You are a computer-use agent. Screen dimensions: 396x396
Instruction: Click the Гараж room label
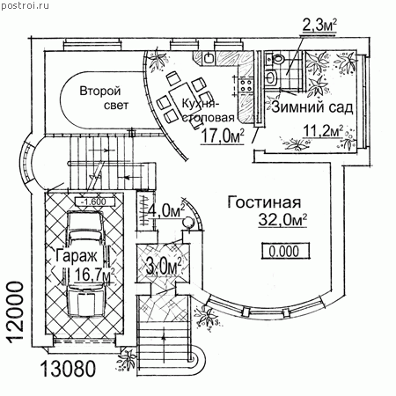[x=76, y=255]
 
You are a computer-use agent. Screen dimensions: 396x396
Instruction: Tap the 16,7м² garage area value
[x=94, y=275]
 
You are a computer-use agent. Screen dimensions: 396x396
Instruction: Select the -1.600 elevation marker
[x=94, y=202]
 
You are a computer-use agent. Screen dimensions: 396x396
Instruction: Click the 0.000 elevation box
[x=285, y=251]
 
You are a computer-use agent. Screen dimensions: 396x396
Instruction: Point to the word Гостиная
[x=264, y=202]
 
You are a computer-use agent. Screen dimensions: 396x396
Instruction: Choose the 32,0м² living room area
[x=282, y=220]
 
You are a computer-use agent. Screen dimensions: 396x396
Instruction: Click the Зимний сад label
[x=312, y=107]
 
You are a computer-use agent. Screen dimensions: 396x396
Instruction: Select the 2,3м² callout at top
[x=319, y=26]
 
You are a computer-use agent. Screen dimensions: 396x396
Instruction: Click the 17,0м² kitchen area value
[x=223, y=136]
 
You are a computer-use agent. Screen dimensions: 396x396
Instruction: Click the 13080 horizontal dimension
[x=68, y=369]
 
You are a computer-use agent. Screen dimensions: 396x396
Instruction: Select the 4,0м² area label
[x=166, y=210]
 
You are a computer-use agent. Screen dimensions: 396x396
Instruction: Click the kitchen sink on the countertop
[x=209, y=58]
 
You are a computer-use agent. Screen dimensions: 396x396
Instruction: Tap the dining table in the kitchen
[x=183, y=97]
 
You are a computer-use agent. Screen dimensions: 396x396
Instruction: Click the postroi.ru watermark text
[x=25, y=5]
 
